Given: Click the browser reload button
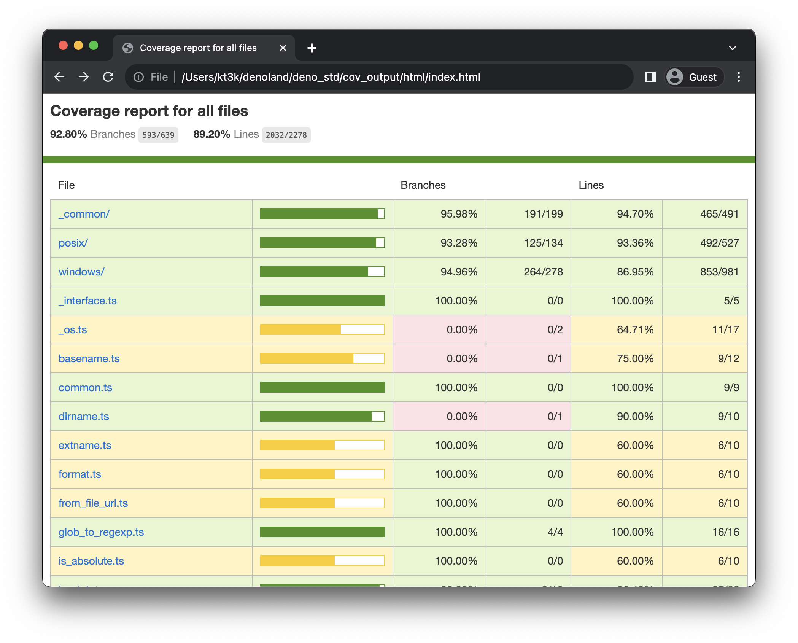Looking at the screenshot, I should coord(108,77).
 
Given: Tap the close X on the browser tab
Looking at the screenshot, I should coord(283,48).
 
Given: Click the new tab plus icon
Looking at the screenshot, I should coord(312,48).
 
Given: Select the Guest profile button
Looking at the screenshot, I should coord(694,77).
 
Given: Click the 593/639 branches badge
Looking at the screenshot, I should coord(158,135).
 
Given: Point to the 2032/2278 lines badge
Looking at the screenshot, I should coord(286,135).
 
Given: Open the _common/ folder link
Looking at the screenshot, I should coord(84,214).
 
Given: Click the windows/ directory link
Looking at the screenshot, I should coord(81,272).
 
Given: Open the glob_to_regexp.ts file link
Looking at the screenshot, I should coord(101,532).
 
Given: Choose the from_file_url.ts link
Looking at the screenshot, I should coord(93,503).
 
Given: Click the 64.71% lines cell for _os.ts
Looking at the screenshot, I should coord(635,330).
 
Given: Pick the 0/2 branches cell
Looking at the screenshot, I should coord(555,330).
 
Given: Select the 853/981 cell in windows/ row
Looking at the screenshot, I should coord(719,272).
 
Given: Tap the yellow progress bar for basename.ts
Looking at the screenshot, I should coord(322,359).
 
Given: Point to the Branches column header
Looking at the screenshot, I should coord(423,185).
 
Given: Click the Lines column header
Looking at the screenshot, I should coord(591,185).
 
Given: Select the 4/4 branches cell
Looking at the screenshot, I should coord(555,532).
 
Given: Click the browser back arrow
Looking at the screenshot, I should coord(60,77).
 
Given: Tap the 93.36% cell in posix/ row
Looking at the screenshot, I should coord(635,243).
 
